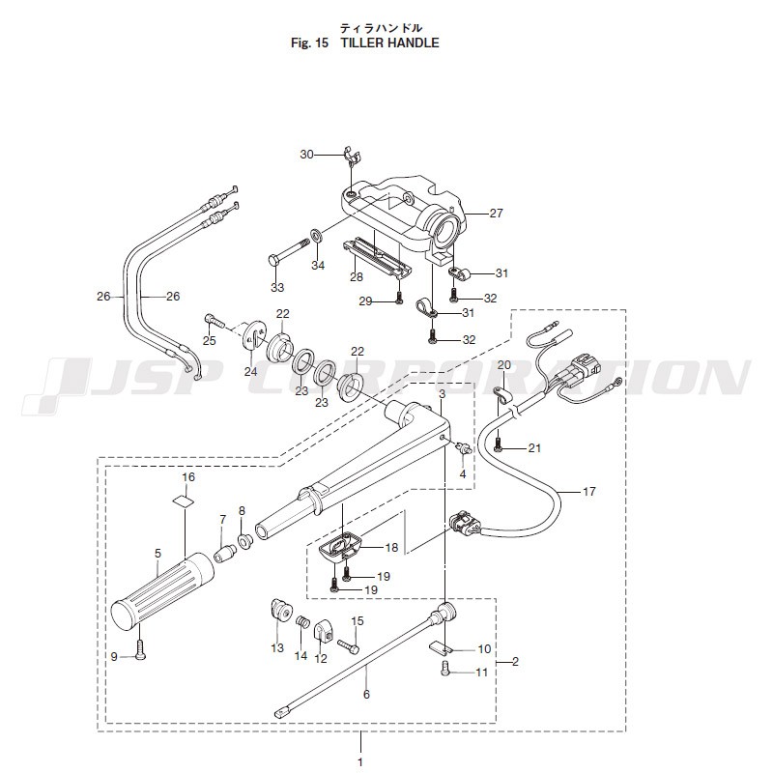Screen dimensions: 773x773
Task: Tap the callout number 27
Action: (497, 213)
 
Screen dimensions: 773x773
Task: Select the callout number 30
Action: (306, 155)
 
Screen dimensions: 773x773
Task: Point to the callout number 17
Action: (589, 492)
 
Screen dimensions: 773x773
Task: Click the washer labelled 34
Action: (317, 236)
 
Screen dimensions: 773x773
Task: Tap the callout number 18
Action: (391, 548)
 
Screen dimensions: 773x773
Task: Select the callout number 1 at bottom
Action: (360, 762)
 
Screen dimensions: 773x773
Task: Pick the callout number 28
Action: (329, 276)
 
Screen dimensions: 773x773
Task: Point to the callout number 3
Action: (441, 394)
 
